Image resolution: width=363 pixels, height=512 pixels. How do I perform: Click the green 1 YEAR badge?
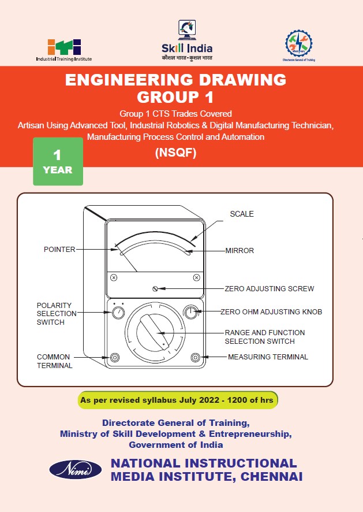pos(58,162)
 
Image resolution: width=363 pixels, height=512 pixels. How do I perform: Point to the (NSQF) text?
pos(175,153)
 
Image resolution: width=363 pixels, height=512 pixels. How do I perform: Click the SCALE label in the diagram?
pos(242,214)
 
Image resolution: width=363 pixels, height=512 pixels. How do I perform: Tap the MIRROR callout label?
pos(239,251)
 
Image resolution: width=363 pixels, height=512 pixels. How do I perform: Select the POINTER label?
pos(59,250)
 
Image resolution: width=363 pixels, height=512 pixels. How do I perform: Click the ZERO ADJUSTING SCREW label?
pos(270,288)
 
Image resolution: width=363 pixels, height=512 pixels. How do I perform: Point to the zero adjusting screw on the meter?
pos(155,288)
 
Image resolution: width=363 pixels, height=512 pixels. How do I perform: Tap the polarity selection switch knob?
pos(117,313)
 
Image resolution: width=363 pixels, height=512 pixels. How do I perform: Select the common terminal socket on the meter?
pos(115,357)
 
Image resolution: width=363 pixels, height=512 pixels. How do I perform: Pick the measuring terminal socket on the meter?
pos(195,357)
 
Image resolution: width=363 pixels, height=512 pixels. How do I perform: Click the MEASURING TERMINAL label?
pos(268,357)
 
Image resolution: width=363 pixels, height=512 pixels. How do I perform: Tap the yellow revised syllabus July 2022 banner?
pos(178,400)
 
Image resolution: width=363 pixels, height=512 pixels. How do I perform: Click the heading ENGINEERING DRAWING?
pos(175,80)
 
